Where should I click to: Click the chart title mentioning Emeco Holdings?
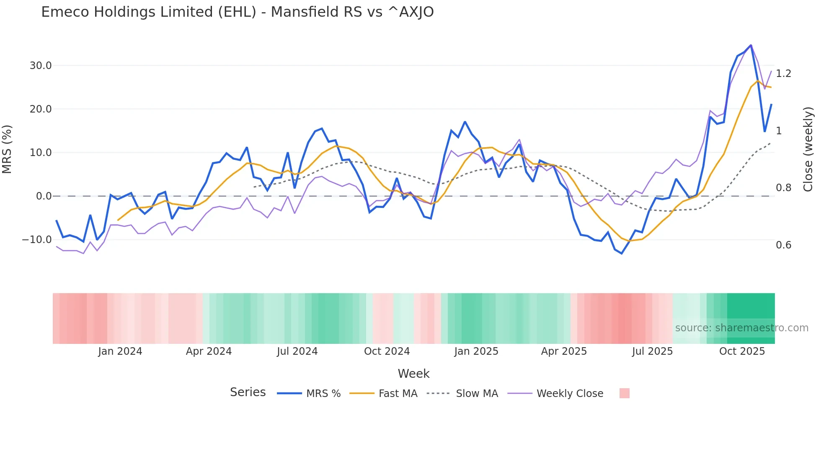237,12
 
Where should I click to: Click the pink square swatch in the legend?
624,393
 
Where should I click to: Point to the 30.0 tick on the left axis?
41,66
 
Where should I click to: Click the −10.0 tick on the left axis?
37,240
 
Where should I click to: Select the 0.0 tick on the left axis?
44,196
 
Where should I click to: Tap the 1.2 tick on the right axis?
783,74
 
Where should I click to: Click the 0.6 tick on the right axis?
783,245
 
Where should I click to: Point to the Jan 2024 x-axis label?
120,351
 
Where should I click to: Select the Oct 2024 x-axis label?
387,351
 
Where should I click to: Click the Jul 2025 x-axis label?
652,351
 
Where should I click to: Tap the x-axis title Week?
413,374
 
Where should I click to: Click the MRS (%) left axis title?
7,149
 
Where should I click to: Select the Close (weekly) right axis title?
808,149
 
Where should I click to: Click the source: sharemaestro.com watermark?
741,328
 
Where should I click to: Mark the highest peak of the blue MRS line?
751,45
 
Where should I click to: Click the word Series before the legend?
248,392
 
